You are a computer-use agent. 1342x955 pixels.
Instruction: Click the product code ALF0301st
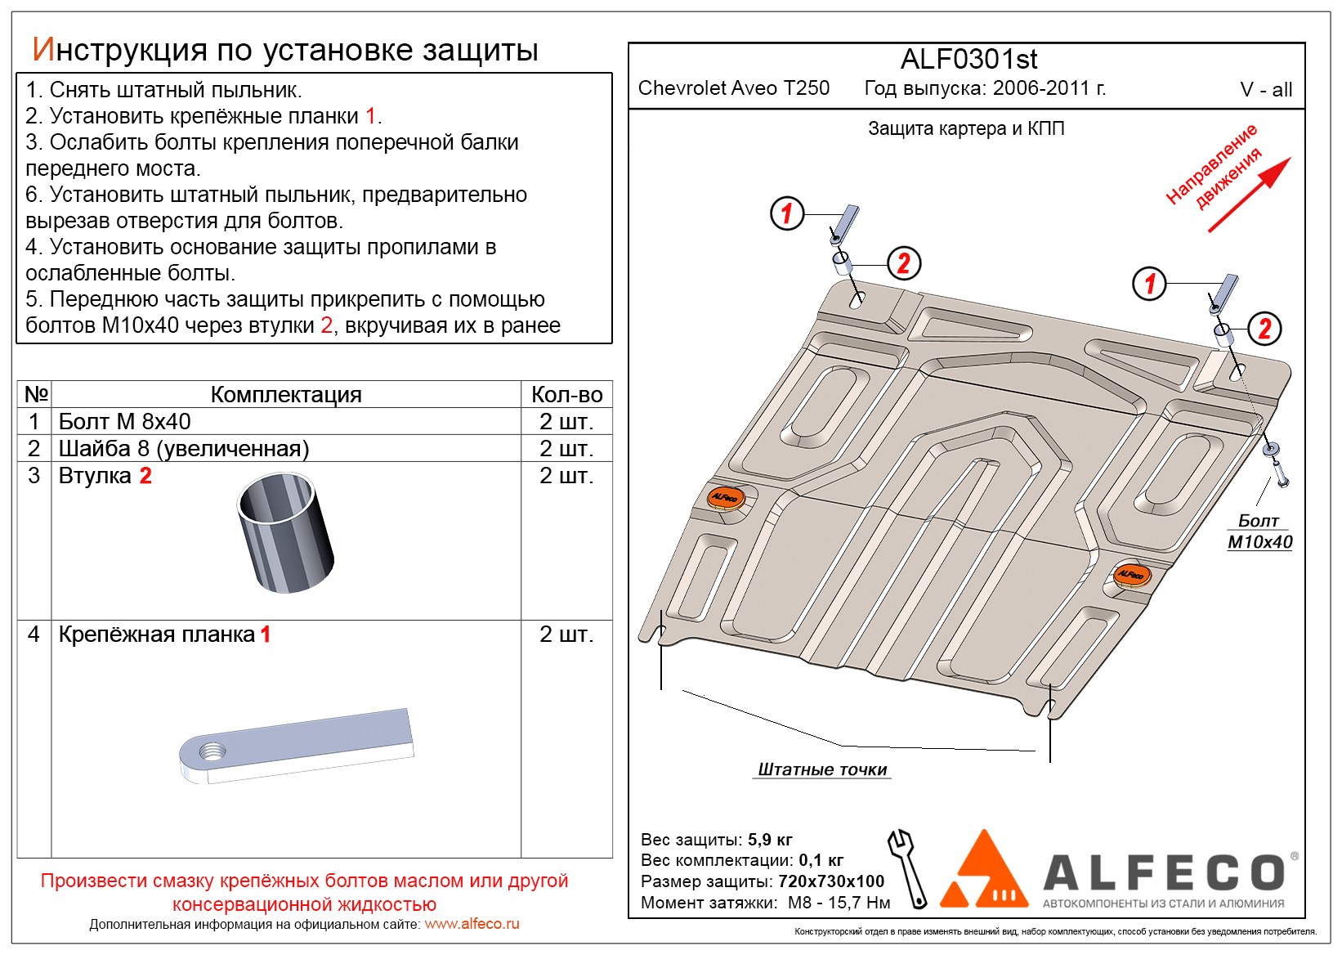pyautogui.click(x=968, y=60)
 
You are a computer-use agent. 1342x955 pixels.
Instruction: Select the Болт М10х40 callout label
pyautogui.click(x=1259, y=531)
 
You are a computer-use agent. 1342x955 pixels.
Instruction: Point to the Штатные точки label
pyautogui.click(x=822, y=769)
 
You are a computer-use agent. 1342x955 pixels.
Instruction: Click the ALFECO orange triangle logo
pyautogui.click(x=984, y=872)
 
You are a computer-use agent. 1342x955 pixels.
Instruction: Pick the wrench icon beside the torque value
pyautogui.click(x=908, y=868)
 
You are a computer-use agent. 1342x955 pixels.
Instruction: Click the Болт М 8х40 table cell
pyautogui.click(x=124, y=421)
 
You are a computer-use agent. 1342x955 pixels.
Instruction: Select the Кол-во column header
pyautogui.click(x=566, y=394)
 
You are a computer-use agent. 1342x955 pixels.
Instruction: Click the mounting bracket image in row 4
pyautogui.click(x=296, y=745)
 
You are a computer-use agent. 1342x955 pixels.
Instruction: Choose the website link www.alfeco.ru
pyautogui.click(x=472, y=924)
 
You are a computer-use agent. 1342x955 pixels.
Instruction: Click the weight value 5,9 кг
pyautogui.click(x=770, y=840)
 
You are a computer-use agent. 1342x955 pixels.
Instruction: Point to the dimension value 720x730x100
pyautogui.click(x=831, y=881)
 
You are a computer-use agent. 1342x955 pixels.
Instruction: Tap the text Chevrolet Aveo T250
pyautogui.click(x=733, y=88)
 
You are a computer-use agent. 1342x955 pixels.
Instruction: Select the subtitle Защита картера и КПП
pyautogui.click(x=965, y=128)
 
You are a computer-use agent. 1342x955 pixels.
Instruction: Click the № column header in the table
pyautogui.click(x=36, y=394)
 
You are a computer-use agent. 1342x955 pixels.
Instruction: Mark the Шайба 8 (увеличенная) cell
pyautogui.click(x=184, y=448)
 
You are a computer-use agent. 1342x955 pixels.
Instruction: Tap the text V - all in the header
pyautogui.click(x=1265, y=90)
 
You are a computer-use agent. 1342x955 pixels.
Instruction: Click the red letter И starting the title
pyautogui.click(x=42, y=50)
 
